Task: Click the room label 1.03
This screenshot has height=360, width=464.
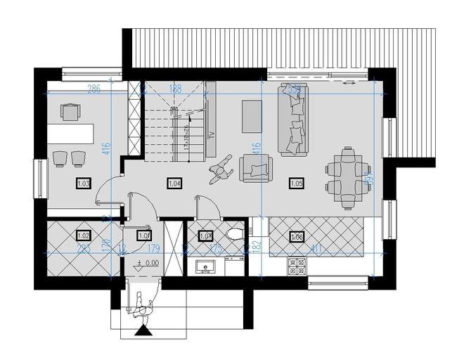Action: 83,184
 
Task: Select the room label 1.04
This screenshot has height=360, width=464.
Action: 174,184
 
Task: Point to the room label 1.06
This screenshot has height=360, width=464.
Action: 296,236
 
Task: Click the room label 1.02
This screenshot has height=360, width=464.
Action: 83,236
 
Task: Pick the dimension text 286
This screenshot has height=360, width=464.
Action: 94,89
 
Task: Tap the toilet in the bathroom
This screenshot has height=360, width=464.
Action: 236,233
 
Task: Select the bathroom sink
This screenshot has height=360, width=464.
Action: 207,265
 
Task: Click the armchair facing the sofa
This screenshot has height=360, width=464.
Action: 255,168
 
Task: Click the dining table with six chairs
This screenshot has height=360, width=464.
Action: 348,179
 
